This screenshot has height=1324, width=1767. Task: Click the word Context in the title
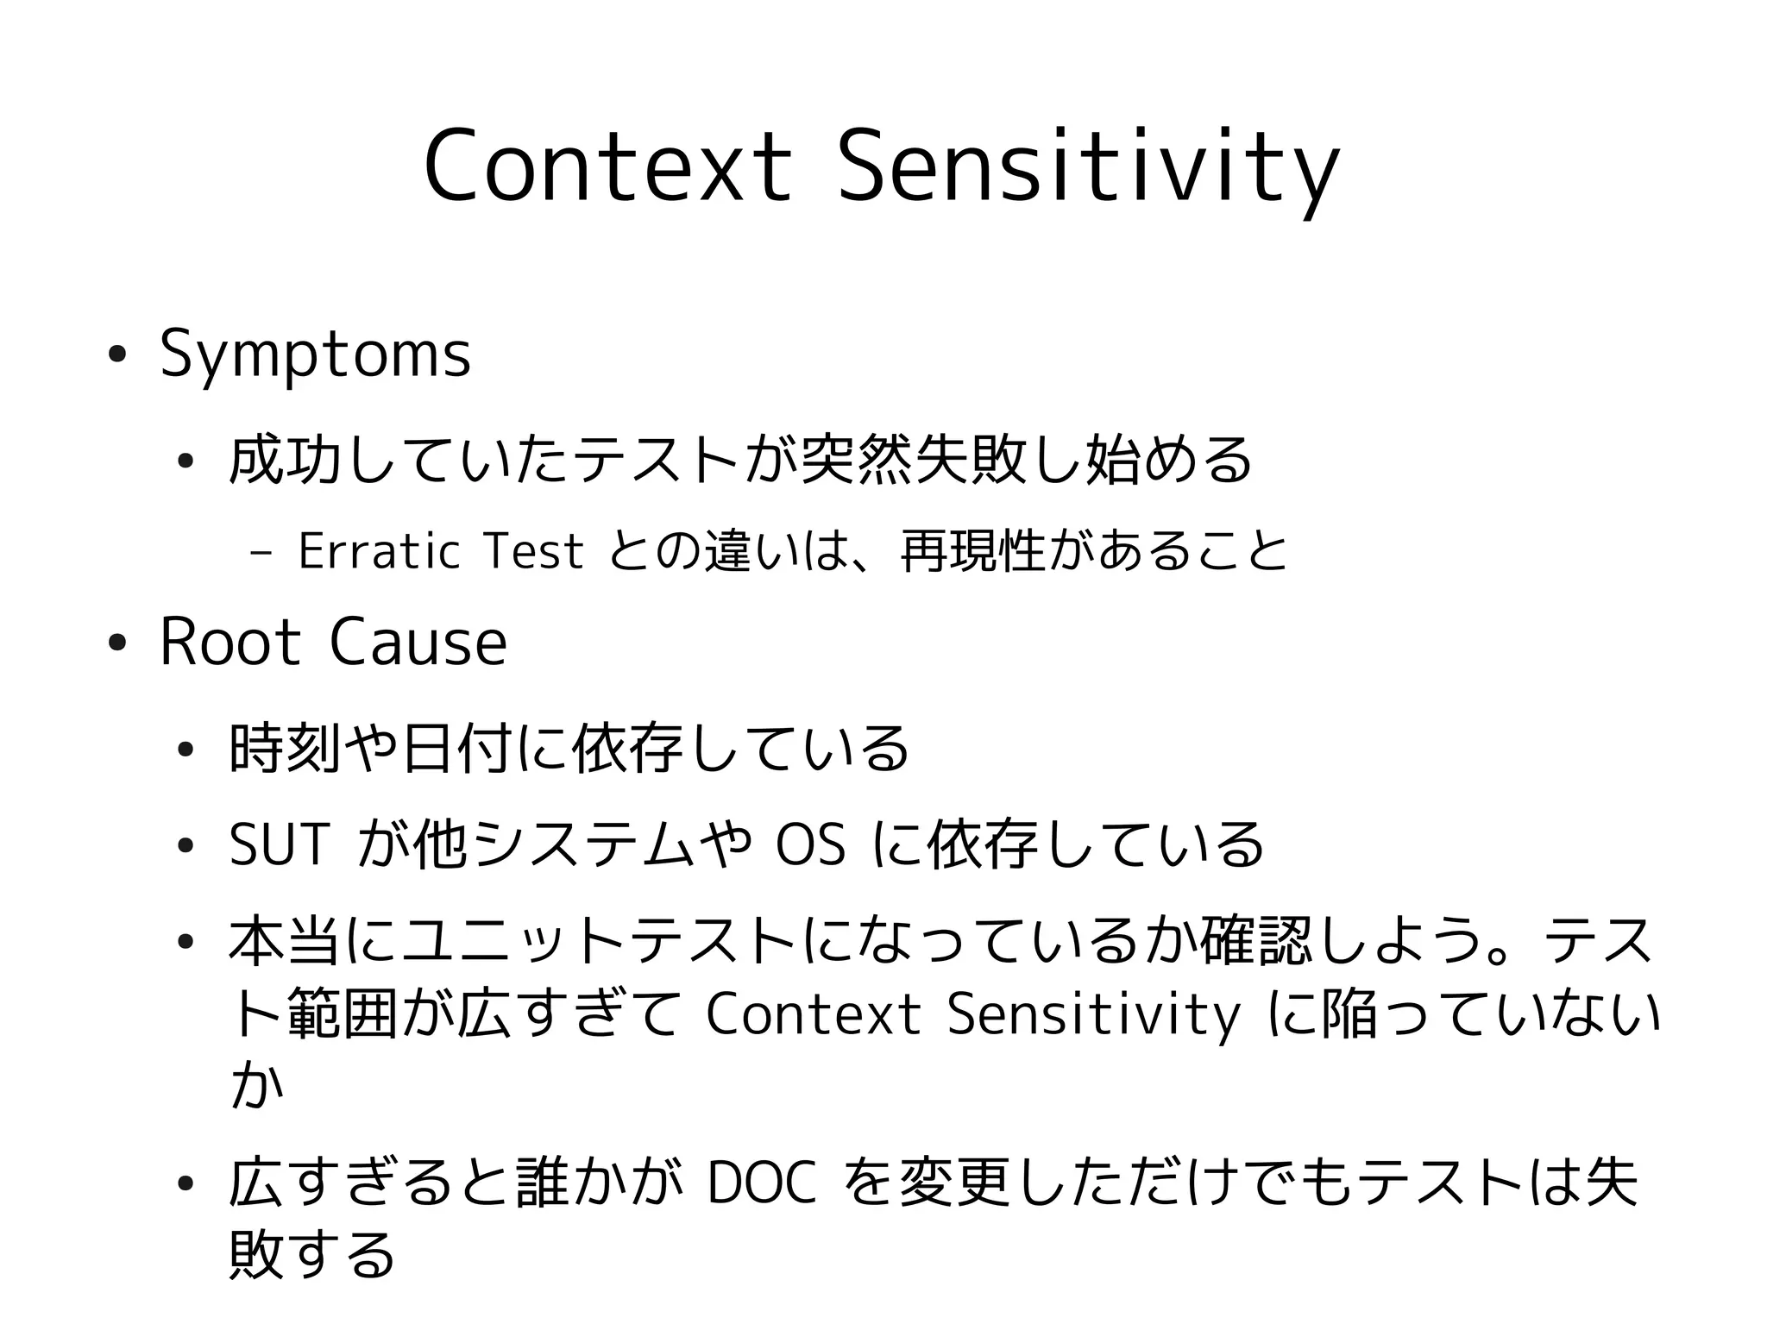[x=607, y=166]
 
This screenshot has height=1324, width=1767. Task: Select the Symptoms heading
[x=315, y=355]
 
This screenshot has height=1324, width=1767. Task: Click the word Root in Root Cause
[x=230, y=643]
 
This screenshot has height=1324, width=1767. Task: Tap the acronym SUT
[x=280, y=844]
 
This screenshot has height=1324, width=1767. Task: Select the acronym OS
[x=810, y=844]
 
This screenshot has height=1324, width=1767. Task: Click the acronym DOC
[x=760, y=1184]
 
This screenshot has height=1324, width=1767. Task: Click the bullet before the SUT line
[x=184, y=845]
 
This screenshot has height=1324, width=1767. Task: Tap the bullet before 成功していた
[x=184, y=461]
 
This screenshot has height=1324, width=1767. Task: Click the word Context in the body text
[x=813, y=1015]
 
